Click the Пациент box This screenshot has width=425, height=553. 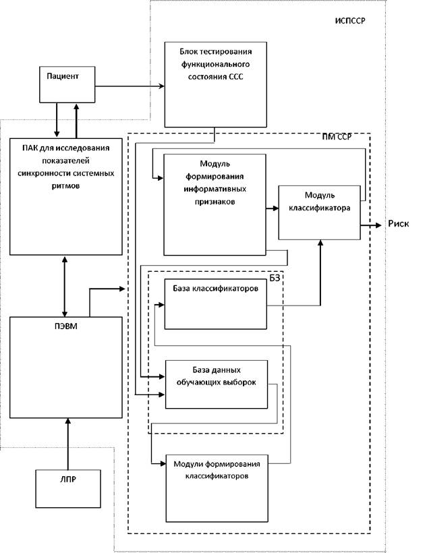pyautogui.click(x=67, y=85)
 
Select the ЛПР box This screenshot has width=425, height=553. pyautogui.click(x=68, y=488)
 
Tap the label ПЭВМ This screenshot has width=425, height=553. pyautogui.click(x=66, y=326)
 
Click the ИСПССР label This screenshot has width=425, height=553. pyautogui.click(x=350, y=20)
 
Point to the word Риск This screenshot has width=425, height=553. pyautogui.click(x=399, y=223)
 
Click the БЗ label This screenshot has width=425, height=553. pyautogui.click(x=275, y=279)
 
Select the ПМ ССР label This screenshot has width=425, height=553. pyautogui.click(x=337, y=137)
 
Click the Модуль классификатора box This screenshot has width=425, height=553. pyautogui.click(x=320, y=212)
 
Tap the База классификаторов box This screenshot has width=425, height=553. pyautogui.click(x=215, y=304)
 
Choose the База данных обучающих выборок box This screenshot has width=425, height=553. pyautogui.click(x=217, y=384)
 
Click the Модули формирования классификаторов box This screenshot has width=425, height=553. pyautogui.click(x=217, y=488)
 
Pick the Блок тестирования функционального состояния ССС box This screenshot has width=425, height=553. pyautogui.click(x=215, y=85)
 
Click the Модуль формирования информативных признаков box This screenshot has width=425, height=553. pyautogui.click(x=215, y=204)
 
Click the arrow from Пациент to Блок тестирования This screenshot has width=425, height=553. pyautogui.click(x=130, y=86)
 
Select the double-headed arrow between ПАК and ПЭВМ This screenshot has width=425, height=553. pyautogui.click(x=65, y=286)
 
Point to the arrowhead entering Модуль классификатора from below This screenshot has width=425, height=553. pyautogui.click(x=320, y=243)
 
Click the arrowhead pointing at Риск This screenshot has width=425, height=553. pyautogui.click(x=378, y=225)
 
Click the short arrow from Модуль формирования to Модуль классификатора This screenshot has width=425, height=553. pyautogui.click(x=273, y=208)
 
